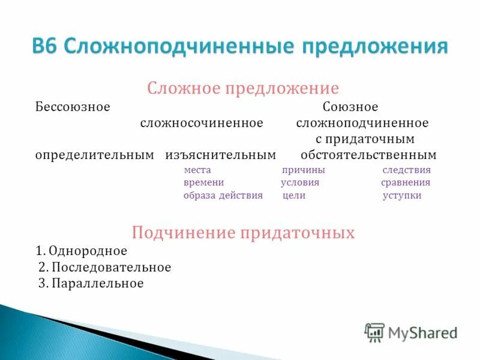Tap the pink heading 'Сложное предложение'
click(x=243, y=89)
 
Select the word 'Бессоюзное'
click(x=72, y=107)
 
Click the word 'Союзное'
click(x=350, y=107)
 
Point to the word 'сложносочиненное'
click(x=202, y=123)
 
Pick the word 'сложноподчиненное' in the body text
click(x=362, y=123)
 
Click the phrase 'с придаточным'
click(x=365, y=139)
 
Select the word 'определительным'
click(x=94, y=155)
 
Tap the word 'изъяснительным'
click(x=220, y=155)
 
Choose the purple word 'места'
click(x=197, y=170)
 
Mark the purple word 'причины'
click(x=304, y=170)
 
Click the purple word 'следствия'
click(x=406, y=170)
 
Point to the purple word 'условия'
click(x=300, y=182)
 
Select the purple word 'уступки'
click(x=401, y=196)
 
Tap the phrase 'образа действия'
click(x=223, y=196)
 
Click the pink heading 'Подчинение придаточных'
click(x=243, y=232)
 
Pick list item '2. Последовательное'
click(x=104, y=267)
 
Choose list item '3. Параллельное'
click(x=91, y=283)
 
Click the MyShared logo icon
click(x=374, y=332)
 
